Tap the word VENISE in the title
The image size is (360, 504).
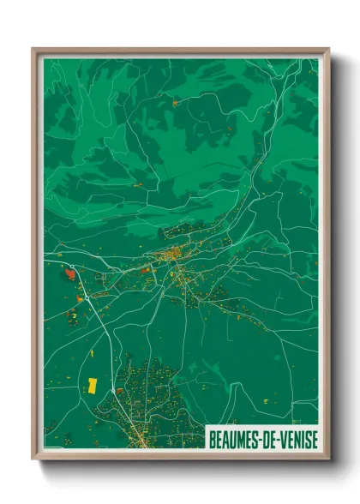click(x=297, y=438)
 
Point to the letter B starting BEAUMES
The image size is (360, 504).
click(x=212, y=438)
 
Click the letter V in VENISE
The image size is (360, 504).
click(x=282, y=438)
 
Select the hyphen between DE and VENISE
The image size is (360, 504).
click(x=278, y=438)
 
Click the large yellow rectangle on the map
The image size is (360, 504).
click(x=92, y=385)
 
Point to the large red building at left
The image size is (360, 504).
click(x=70, y=275)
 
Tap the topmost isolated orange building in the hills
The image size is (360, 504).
click(x=176, y=102)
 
